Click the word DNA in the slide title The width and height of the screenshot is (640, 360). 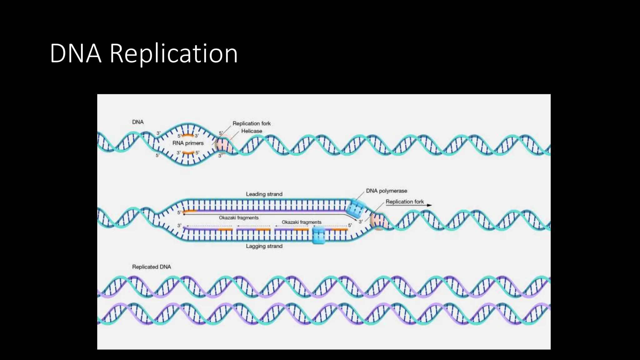tap(75, 54)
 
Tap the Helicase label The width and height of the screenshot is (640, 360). tap(252, 131)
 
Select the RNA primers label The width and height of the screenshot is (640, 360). tap(188, 143)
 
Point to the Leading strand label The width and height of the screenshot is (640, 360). tap(264, 194)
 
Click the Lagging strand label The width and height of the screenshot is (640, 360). tap(264, 246)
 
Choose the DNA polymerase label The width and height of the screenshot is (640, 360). tap(387, 191)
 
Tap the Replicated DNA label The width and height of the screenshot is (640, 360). tap(152, 267)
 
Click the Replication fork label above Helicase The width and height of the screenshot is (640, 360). tap(252, 123)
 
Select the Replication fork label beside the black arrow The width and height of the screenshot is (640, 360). tap(405, 202)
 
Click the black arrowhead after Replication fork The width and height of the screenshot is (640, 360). tap(430, 205)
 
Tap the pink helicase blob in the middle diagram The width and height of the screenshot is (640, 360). tap(377, 221)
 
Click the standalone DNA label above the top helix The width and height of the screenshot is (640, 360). tap(138, 122)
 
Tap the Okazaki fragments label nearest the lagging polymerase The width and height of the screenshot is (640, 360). tap(302, 222)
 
